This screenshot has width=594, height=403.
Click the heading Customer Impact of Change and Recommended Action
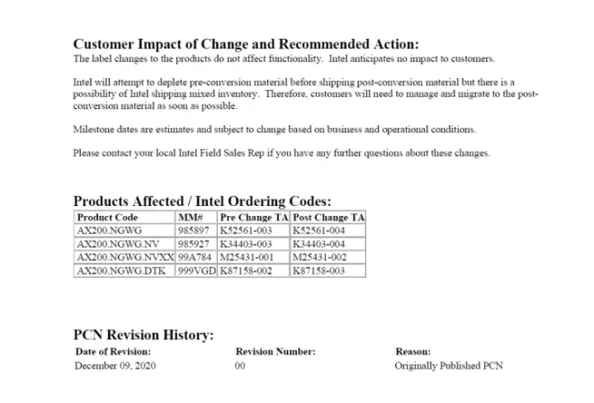click(x=246, y=44)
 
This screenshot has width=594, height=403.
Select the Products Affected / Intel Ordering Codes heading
click(x=202, y=201)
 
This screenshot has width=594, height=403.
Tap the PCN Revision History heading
click(x=143, y=336)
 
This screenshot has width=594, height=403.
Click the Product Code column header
click(x=107, y=218)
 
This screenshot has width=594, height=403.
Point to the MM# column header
click(x=191, y=218)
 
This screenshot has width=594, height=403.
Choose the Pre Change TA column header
click(x=253, y=218)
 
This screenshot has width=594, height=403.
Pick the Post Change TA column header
click(x=328, y=218)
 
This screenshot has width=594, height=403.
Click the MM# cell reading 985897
click(x=194, y=231)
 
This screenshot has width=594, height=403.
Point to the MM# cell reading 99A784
click(x=195, y=257)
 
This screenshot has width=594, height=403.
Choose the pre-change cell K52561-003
click(x=246, y=231)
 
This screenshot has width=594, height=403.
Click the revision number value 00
click(x=240, y=367)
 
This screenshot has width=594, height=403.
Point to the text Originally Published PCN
click(x=449, y=367)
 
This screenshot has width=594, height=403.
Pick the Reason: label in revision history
click(x=413, y=352)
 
